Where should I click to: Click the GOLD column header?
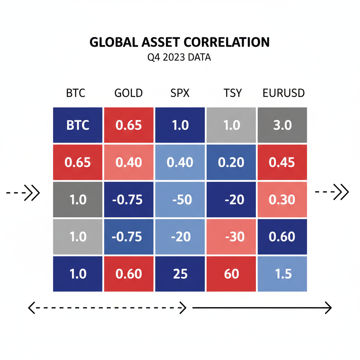tap(129, 93)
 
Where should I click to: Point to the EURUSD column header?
tap(284, 93)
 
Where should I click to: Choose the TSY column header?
tap(233, 93)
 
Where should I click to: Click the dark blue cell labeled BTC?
tap(78, 125)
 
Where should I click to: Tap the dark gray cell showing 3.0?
tap(283, 125)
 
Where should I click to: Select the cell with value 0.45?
tap(283, 162)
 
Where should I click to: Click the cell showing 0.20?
tap(231, 162)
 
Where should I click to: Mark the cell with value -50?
tap(180, 199)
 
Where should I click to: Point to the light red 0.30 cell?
tap(283, 199)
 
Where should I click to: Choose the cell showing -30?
tap(231, 237)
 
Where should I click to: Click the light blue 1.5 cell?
tap(283, 274)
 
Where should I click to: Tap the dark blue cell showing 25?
tap(180, 274)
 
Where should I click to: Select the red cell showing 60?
tap(231, 274)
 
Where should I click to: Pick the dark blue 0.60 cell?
tap(283, 237)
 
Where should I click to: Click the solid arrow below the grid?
tap(262, 308)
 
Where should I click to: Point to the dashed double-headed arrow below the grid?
tap(107, 308)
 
